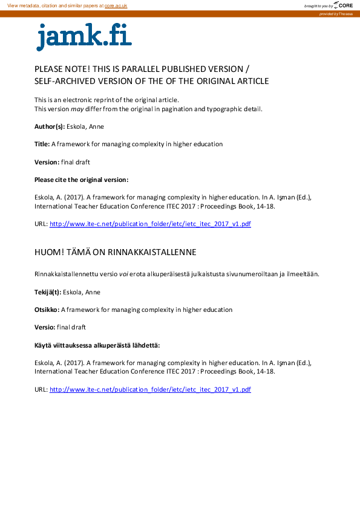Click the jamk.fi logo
tap(83, 37)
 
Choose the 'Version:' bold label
tap(47, 162)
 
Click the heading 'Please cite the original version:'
tap(81, 180)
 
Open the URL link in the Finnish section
tap(150, 389)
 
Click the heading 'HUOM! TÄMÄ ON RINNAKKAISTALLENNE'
tap(115, 251)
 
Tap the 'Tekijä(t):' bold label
tap(48, 292)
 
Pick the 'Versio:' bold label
tap(45, 327)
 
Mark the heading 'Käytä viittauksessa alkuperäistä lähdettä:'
tap(97, 345)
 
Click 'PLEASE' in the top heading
tap(48, 69)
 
